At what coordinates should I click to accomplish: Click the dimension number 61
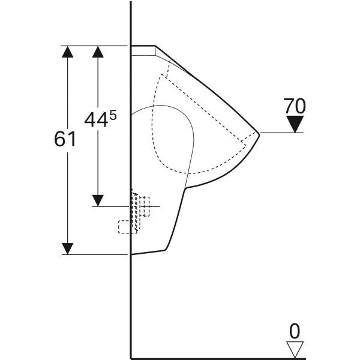point(65,139)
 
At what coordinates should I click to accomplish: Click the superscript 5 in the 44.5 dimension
point(113,116)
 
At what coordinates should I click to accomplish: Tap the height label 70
point(295,106)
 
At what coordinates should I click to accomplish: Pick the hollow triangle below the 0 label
point(295,349)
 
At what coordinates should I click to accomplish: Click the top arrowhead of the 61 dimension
point(67,52)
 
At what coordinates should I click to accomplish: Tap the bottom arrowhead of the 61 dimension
point(67,248)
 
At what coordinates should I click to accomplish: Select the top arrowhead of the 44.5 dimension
point(98,52)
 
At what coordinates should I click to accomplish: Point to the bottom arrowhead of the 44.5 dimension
point(98,200)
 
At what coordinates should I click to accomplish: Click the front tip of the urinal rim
point(259,134)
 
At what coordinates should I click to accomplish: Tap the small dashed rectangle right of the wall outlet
point(146,206)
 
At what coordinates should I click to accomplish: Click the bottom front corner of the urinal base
point(166,250)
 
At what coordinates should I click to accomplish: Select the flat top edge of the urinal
point(143,46)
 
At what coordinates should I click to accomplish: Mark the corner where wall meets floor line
point(131,358)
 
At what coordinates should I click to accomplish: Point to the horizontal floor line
point(218,358)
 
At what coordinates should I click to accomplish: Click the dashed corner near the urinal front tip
point(245,145)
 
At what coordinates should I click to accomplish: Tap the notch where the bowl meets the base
point(185,188)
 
